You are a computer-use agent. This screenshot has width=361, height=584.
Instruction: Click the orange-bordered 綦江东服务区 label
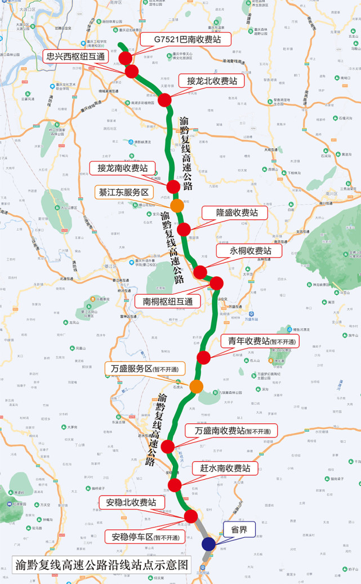tap(124, 192)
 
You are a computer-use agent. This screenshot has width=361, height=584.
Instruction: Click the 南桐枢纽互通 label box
tap(168, 300)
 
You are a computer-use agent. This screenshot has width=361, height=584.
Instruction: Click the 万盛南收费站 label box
tap(232, 431)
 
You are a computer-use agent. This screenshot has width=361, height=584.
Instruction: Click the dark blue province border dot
tap(208, 543)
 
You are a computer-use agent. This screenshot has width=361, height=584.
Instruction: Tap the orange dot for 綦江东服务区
tap(177, 205)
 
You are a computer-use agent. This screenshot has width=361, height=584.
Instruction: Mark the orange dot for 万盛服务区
tap(196, 386)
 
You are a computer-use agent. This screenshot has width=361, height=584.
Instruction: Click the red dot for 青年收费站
tap(203, 357)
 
